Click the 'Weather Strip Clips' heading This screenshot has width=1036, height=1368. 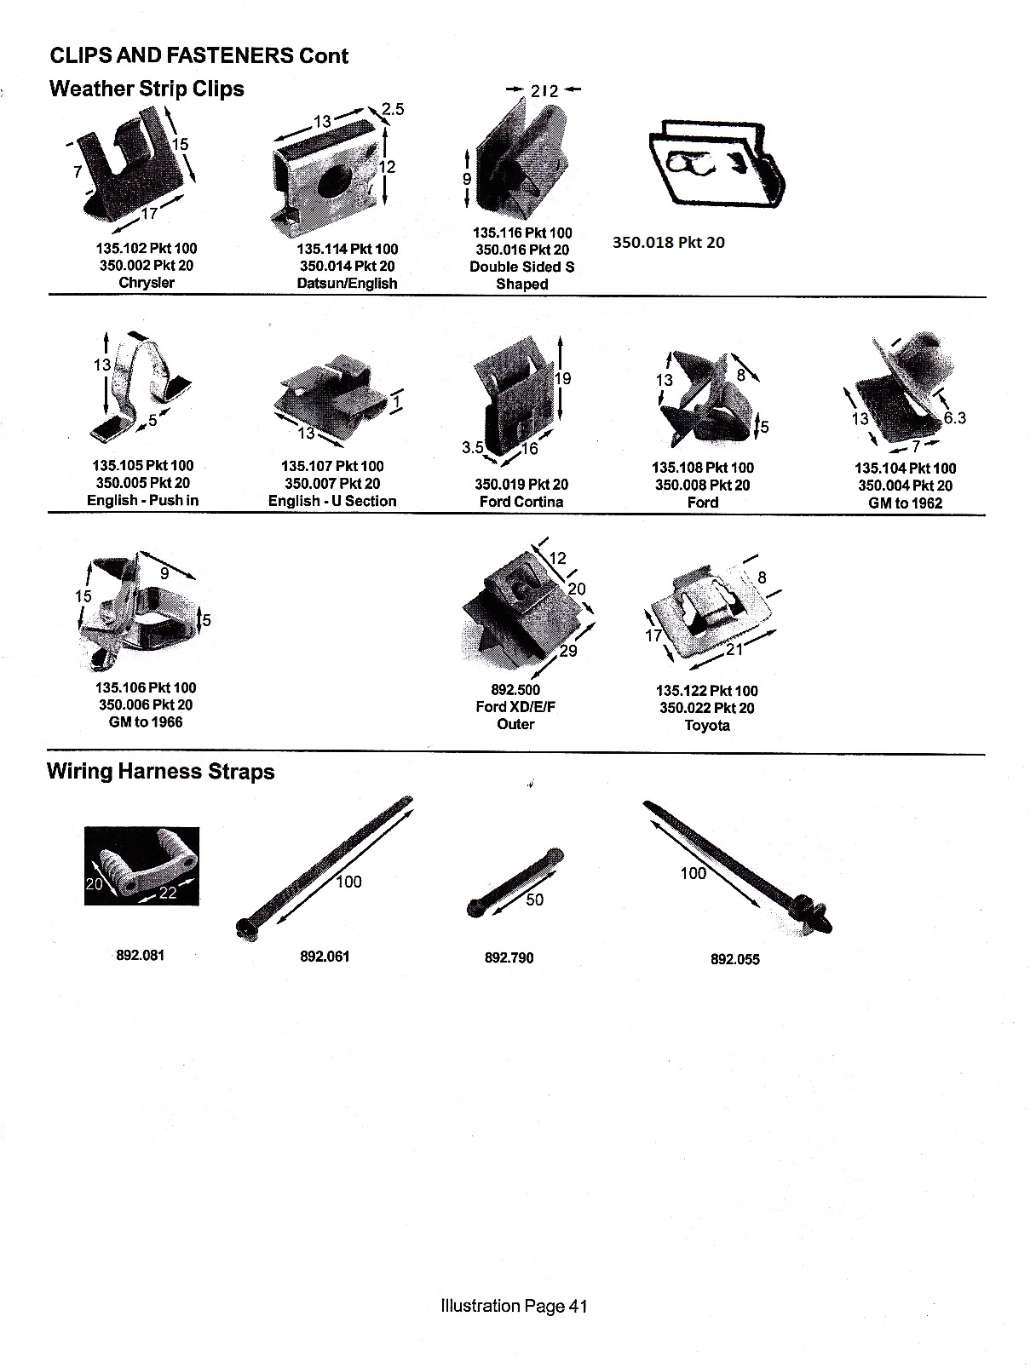pos(147,89)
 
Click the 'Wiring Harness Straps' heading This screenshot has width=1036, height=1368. pos(160,772)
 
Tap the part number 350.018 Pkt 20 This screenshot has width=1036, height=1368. pos(668,242)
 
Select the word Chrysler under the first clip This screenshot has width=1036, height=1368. pos(147,282)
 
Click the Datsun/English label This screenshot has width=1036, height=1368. pos(347,283)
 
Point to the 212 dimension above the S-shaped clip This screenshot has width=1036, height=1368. pos(544,90)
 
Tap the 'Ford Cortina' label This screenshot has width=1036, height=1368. pos(521,502)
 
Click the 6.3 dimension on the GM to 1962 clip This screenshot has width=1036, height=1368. pos(953,417)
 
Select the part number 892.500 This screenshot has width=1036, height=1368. pos(515,690)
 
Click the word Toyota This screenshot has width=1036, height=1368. pos(706,726)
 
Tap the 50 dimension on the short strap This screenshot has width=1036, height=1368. pos(534,900)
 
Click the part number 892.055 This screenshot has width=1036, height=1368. pos(734,959)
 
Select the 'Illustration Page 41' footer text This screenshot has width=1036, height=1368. pos(514,1306)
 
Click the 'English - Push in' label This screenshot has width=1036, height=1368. pos(142,500)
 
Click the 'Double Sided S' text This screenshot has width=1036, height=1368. pos(521,267)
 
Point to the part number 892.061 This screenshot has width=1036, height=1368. pos(325,957)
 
